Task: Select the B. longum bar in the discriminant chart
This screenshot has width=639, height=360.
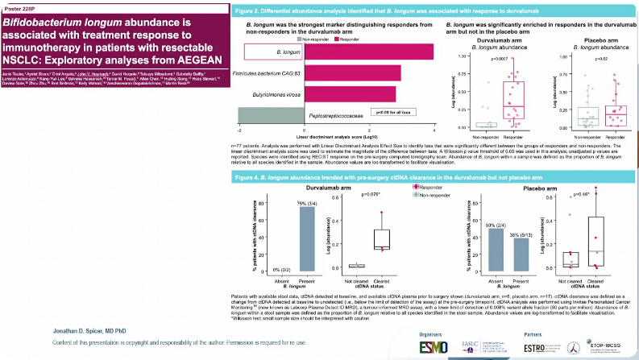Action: tap(370, 52)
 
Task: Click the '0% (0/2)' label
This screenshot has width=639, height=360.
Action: tap(279, 267)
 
